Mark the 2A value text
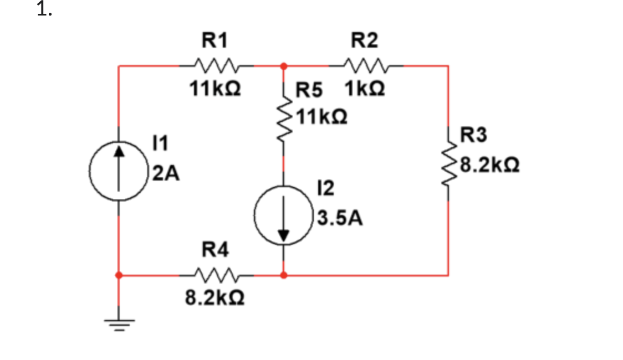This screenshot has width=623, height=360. (166, 174)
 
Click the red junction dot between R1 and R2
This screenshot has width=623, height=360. (284, 66)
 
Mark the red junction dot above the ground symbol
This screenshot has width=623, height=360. (118, 274)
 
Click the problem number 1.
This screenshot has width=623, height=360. (44, 10)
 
